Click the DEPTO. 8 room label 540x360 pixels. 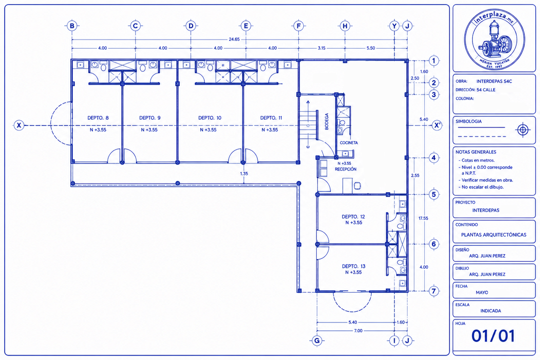[98, 118]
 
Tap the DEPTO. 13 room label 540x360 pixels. [354, 266]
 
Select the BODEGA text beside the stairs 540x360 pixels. [327, 121]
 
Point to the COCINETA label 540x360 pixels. [349, 143]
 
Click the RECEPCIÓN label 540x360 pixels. [346, 169]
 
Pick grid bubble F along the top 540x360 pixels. [298, 26]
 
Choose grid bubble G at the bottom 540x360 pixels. [317, 341]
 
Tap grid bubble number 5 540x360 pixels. [434, 194]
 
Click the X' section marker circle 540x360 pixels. [437, 126]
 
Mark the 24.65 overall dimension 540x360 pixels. [234, 39]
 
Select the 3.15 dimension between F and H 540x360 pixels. [322, 48]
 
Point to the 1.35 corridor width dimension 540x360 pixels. [244, 173]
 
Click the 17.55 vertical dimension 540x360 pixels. [423, 218]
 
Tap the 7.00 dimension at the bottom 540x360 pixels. [358, 331]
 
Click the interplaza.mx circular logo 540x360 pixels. [495, 39]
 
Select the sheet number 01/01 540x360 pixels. [493, 336]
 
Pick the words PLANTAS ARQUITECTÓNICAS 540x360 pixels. [494, 234]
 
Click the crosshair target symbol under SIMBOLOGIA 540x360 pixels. [522, 130]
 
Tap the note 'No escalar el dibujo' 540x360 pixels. [482, 187]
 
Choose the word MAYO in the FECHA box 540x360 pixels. [482, 292]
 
